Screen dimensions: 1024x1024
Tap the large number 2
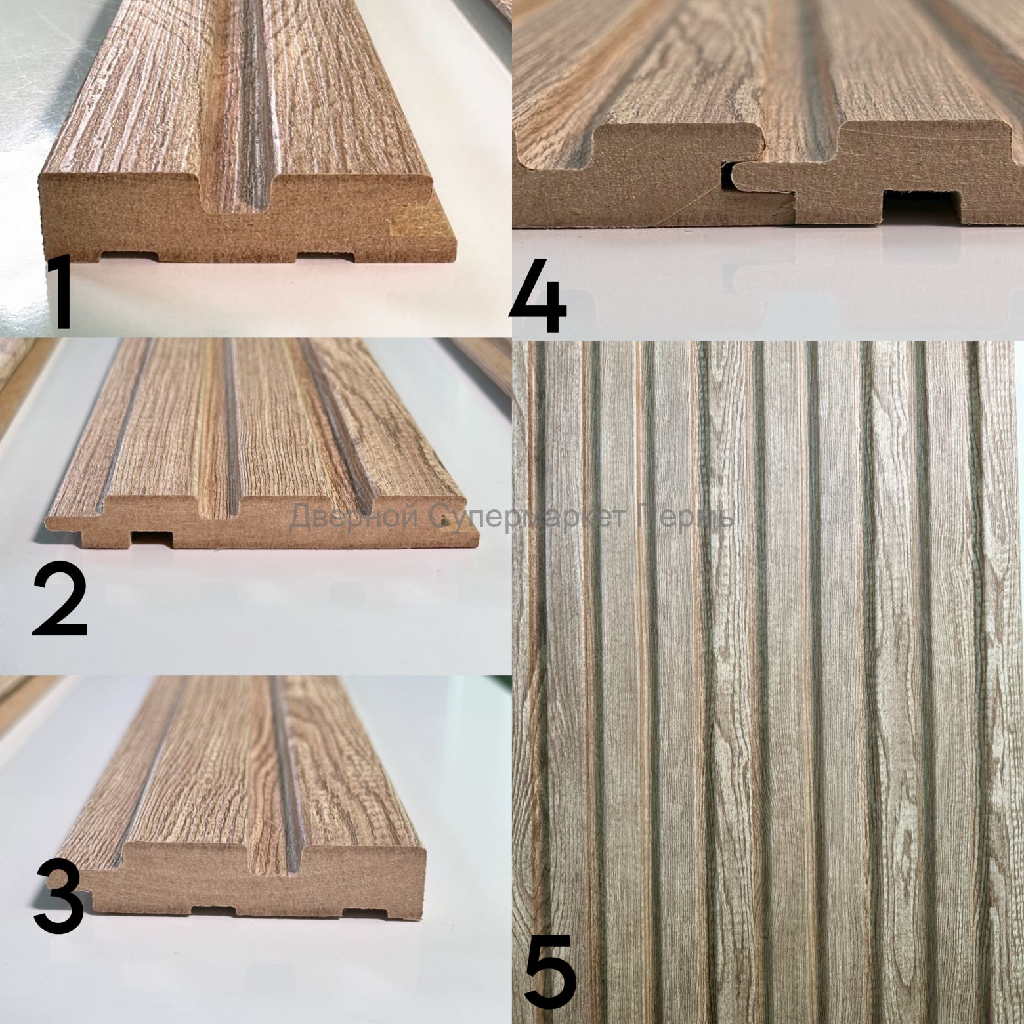(x=59, y=601)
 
